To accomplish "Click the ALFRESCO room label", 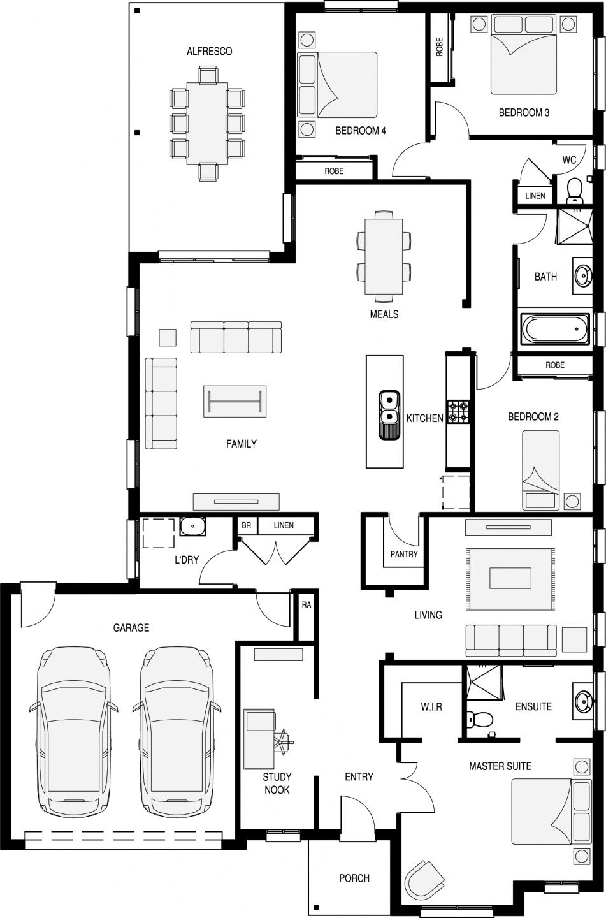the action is tap(210, 51).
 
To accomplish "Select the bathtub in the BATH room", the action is tap(555, 328).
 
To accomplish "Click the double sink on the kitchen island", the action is tap(389, 415).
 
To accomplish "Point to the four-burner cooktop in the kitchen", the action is tap(458, 411).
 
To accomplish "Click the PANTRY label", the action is tap(404, 554).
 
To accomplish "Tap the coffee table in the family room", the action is tap(234, 401).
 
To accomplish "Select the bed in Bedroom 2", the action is tap(540, 470).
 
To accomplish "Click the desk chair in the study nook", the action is tap(284, 742).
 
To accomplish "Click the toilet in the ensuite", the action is tap(479, 719).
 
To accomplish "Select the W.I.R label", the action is tap(431, 706).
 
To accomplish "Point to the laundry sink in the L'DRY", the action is tap(192, 527).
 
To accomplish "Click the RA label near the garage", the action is tap(307, 604).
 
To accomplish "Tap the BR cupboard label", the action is tap(246, 525).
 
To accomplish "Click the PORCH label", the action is tap(354, 878).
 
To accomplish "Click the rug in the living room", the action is tap(510, 579).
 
